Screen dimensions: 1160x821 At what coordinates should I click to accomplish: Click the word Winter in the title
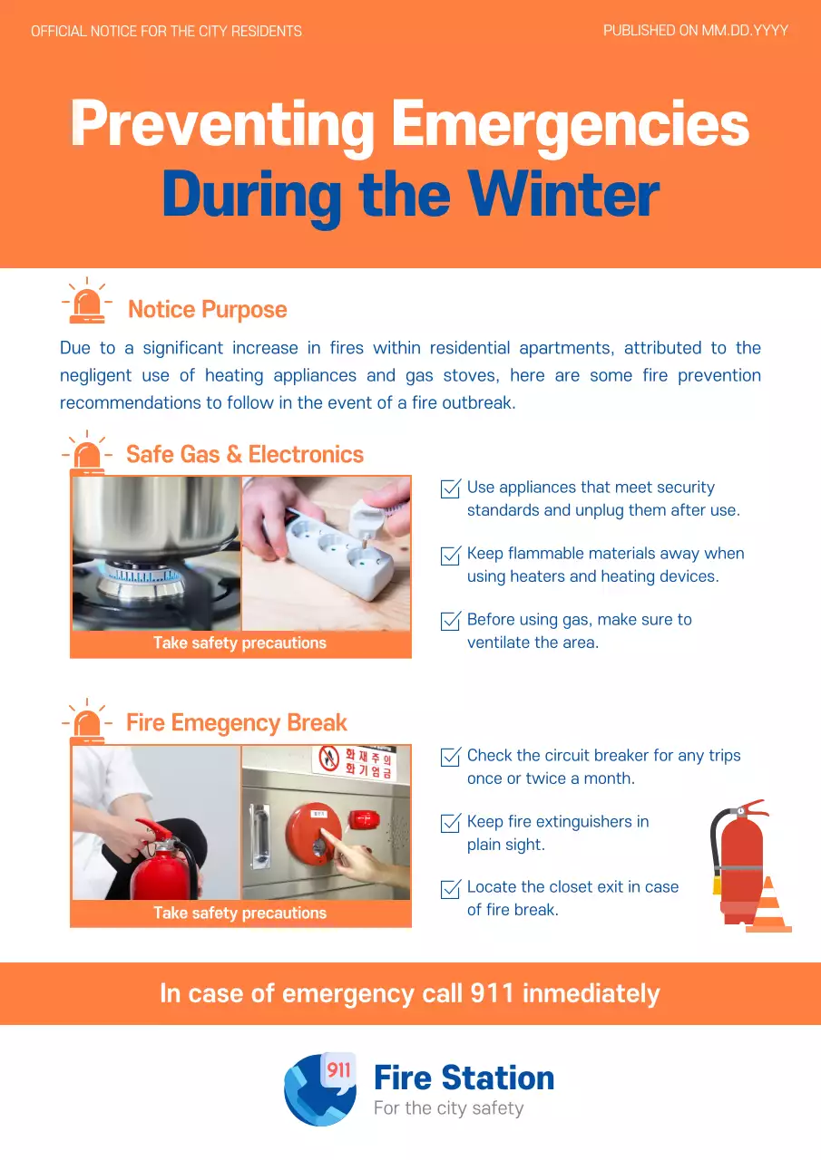pyautogui.click(x=563, y=194)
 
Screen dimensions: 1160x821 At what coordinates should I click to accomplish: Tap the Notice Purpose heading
pyautogui.click(x=207, y=310)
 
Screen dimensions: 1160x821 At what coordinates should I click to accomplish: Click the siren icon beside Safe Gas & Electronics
pyautogui.click(x=87, y=453)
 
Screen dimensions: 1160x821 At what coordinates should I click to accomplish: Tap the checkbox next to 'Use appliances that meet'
pyautogui.click(x=450, y=489)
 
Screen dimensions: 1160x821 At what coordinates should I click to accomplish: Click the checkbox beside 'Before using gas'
pyautogui.click(x=450, y=622)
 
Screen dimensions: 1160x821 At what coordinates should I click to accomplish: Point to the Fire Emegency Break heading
pyautogui.click(x=236, y=722)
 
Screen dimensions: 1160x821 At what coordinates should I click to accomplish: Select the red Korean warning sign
pyautogui.click(x=357, y=762)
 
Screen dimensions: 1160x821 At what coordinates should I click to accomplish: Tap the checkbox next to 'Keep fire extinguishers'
pyautogui.click(x=450, y=824)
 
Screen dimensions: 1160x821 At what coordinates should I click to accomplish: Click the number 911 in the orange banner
pyautogui.click(x=493, y=993)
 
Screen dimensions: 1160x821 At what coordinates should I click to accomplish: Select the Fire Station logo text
pyautogui.click(x=464, y=1078)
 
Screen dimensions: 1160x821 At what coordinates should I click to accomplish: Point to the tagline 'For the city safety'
pyautogui.click(x=448, y=1108)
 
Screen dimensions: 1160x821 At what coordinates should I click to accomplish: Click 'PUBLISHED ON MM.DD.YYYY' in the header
pyautogui.click(x=695, y=31)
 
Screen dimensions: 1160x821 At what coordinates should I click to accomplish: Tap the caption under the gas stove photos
pyautogui.click(x=239, y=643)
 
